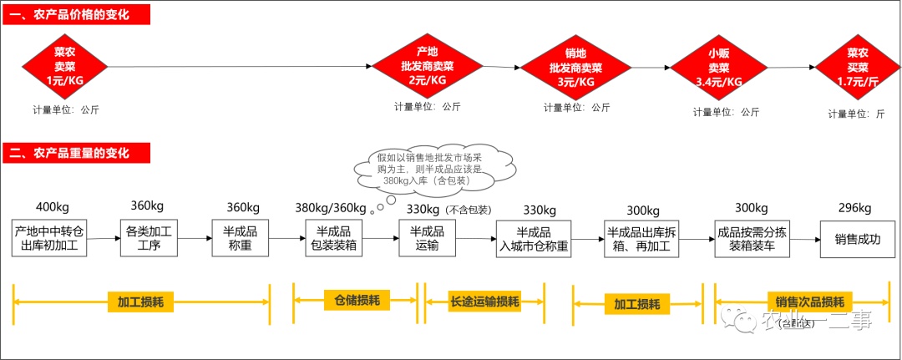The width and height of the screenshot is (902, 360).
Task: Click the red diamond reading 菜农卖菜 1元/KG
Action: (x=64, y=66)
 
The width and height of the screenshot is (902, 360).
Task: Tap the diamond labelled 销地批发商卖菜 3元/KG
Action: (x=575, y=68)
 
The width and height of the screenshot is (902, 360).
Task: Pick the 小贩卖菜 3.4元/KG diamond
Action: (x=718, y=67)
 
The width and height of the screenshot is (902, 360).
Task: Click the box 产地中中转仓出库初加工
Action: (x=50, y=239)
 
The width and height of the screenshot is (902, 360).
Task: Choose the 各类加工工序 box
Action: (x=149, y=239)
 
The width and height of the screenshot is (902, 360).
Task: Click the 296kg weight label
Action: (x=854, y=207)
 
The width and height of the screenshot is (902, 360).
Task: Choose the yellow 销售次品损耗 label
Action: (x=808, y=302)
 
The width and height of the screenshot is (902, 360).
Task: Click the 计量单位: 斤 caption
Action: (x=855, y=114)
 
